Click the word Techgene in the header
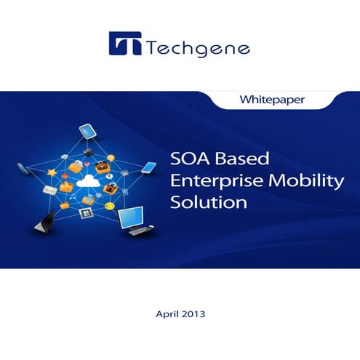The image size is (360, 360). pyautogui.click(x=198, y=49)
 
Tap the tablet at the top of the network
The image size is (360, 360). pyautogui.click(x=88, y=132)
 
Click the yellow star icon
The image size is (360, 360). pyautogui.click(x=52, y=173)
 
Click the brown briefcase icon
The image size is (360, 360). pyautogui.click(x=110, y=188)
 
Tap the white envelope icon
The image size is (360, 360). pyautogui.click(x=50, y=190)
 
